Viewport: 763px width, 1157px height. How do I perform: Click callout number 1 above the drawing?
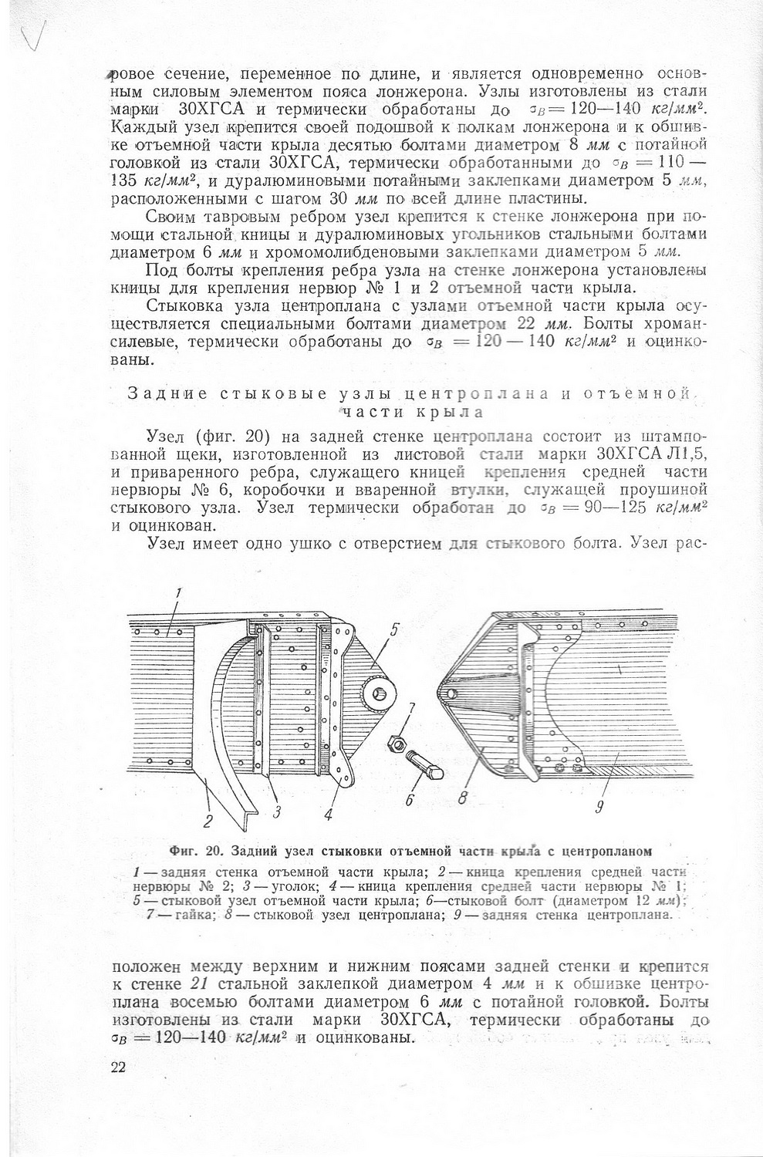pos(178,593)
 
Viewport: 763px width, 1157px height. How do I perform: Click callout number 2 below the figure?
pos(208,820)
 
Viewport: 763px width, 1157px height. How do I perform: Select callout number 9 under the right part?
pos(599,808)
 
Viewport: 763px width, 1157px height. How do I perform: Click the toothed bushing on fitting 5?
pos(380,695)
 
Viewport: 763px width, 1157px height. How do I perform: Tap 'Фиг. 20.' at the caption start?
pos(195,852)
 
